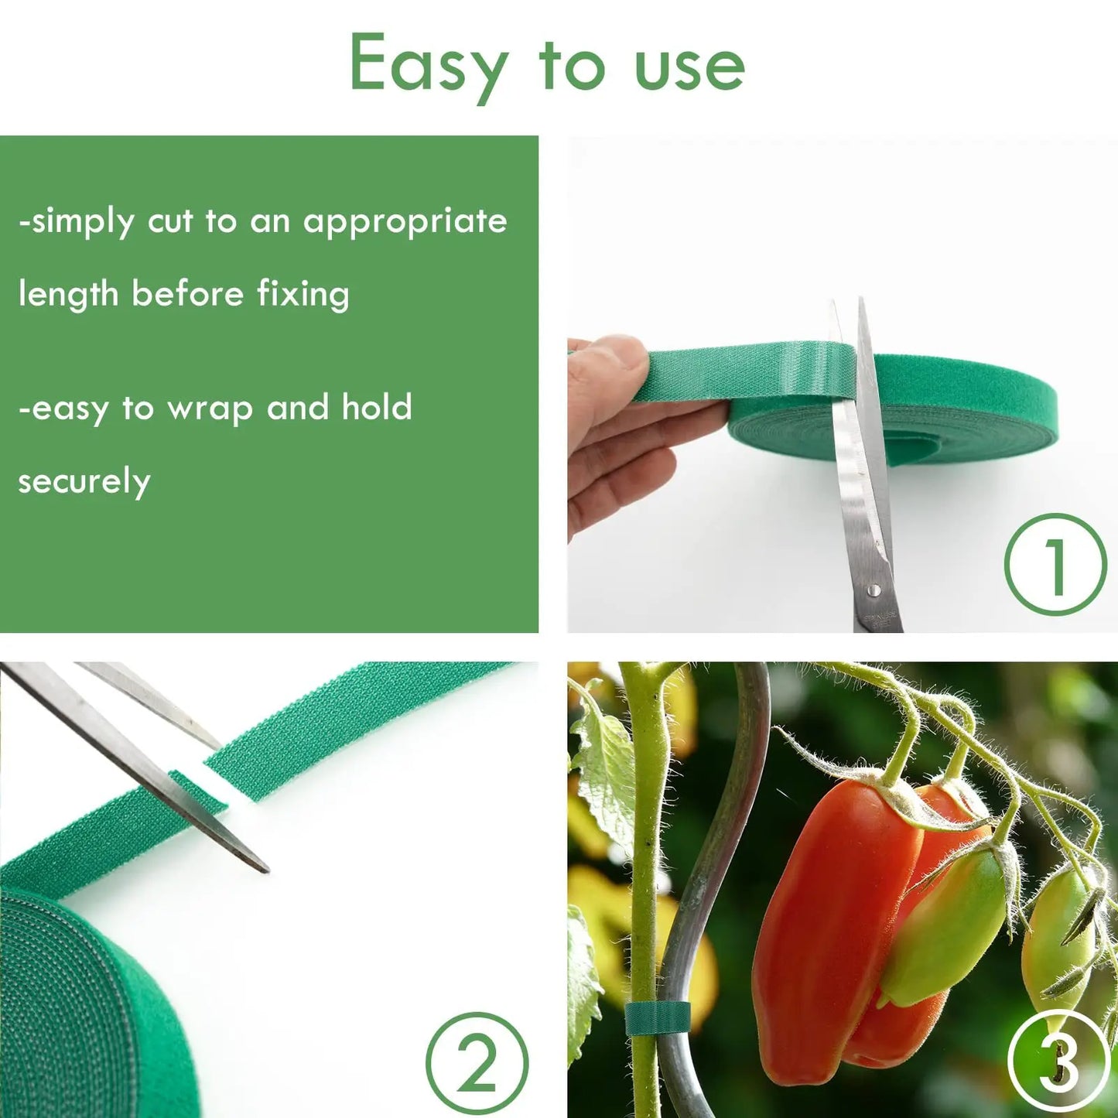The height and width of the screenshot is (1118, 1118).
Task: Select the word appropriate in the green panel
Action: [x=405, y=223]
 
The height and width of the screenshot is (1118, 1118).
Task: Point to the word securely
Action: [x=84, y=482]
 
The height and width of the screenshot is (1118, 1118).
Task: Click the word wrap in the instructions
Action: [x=210, y=409]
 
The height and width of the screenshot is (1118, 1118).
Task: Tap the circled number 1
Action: [x=1055, y=565]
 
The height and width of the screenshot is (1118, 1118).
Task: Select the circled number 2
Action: [x=477, y=1063]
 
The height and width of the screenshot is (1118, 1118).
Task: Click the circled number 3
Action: [x=1058, y=1062]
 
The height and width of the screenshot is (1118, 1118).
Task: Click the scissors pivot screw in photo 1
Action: [x=874, y=590]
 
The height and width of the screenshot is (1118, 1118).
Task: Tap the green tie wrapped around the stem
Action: [x=657, y=1018]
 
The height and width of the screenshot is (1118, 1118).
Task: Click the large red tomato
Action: [x=820, y=921]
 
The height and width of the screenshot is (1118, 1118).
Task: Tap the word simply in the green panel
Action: [x=81, y=223]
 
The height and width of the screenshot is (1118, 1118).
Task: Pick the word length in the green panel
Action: [x=68, y=295]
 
